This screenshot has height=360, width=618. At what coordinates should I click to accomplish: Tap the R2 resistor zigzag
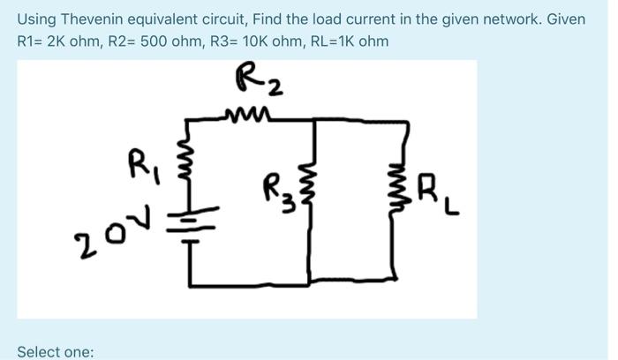click(x=245, y=113)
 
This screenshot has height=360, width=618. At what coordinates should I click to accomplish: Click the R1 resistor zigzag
click(x=188, y=172)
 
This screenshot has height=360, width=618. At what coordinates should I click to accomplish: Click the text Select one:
click(x=55, y=351)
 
